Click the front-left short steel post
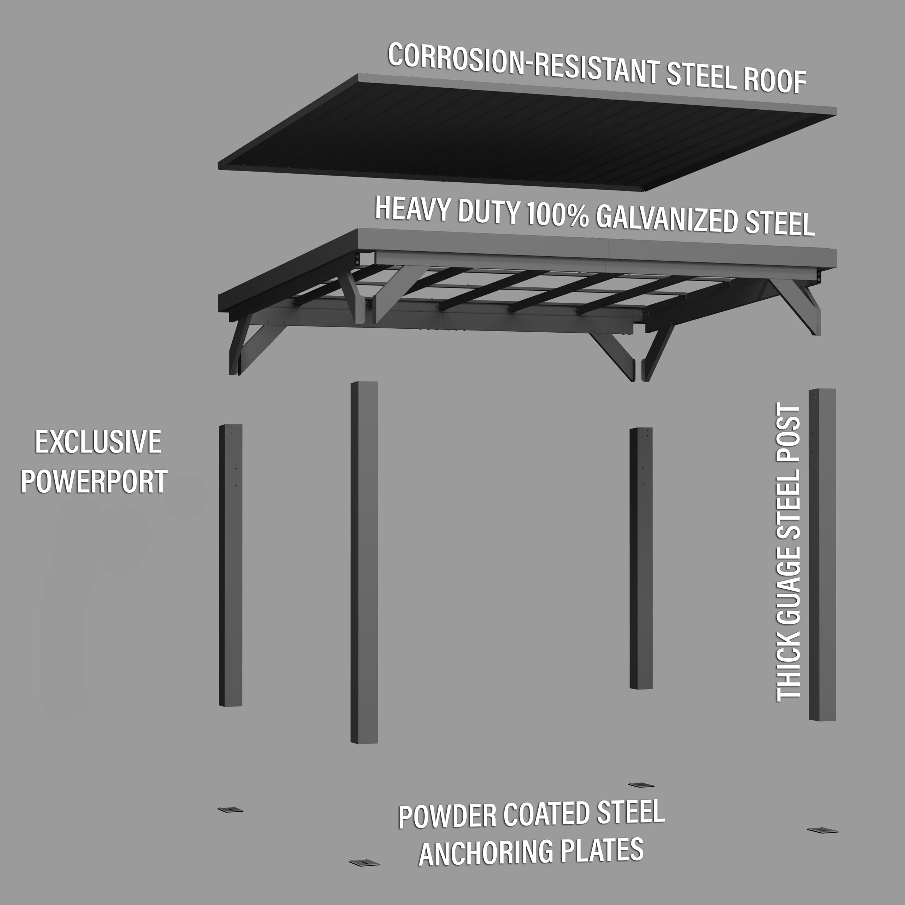click(x=231, y=565)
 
